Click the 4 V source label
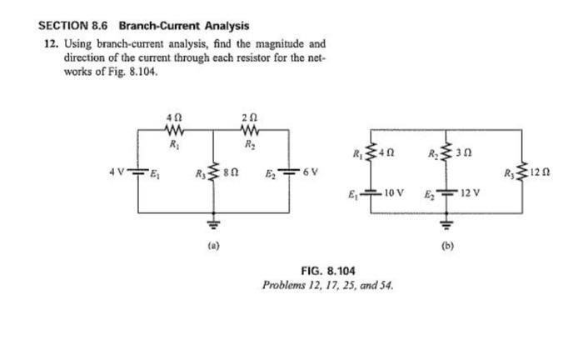[115, 172]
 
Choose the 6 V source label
[309, 172]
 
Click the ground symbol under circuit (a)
[212, 223]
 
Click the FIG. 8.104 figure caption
[327, 271]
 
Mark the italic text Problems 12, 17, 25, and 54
[327, 285]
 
